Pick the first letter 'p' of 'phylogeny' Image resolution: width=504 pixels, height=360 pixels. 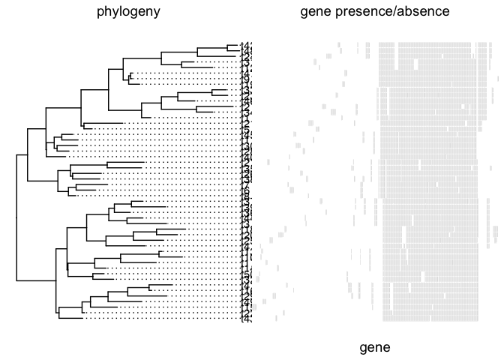point(100,12)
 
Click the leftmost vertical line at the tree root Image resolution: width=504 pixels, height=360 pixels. point(16,217)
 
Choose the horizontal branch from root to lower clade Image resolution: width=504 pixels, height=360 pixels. point(35,279)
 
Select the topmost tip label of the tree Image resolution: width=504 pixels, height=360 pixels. point(244,46)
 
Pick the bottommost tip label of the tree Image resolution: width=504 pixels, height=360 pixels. point(244,318)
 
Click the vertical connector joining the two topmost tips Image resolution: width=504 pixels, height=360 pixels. point(226,48)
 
